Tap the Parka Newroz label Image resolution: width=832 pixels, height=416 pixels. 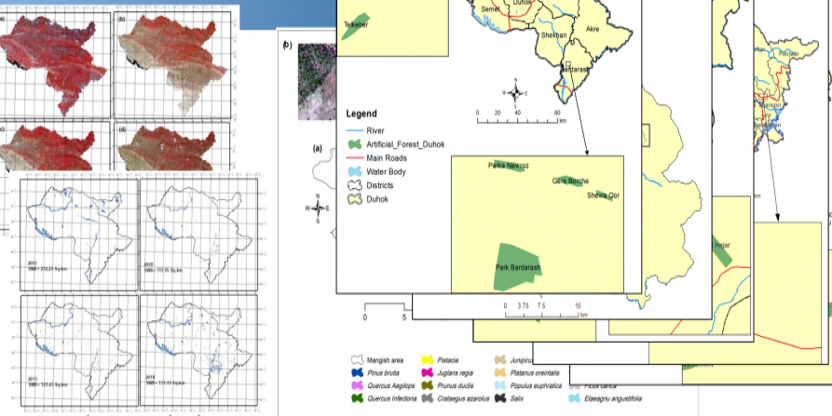(509, 166)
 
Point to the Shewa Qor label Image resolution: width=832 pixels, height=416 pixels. (603, 195)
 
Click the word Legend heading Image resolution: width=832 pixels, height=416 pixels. (361, 114)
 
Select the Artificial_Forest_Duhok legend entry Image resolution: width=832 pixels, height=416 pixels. (405, 144)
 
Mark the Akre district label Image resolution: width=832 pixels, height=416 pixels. (593, 29)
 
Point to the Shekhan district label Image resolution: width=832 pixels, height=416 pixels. (554, 35)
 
